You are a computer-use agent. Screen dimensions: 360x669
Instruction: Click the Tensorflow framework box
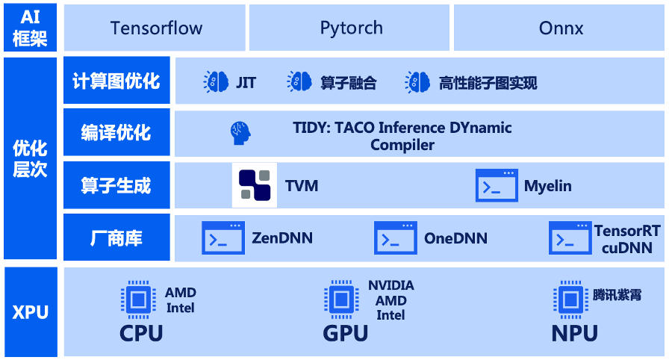click(156, 28)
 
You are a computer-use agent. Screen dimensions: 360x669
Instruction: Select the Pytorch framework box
click(351, 28)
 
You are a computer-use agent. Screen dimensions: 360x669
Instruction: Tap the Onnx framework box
click(561, 28)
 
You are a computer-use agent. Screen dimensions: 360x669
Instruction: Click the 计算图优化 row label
click(116, 81)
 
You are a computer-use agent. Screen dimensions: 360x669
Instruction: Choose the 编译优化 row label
click(116, 133)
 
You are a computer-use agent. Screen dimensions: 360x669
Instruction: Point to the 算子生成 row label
click(116, 185)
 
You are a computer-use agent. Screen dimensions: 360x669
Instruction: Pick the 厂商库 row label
click(116, 238)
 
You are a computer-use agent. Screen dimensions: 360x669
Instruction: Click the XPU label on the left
click(30, 311)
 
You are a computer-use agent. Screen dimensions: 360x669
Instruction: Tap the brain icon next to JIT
click(217, 82)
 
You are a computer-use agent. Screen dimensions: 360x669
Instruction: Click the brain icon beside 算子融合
click(299, 82)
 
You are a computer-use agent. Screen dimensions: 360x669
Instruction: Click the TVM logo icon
click(255, 185)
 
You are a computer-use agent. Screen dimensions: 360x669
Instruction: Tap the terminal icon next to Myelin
click(497, 185)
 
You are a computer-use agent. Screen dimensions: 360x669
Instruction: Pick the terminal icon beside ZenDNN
click(223, 238)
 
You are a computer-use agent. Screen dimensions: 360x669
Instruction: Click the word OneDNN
click(455, 239)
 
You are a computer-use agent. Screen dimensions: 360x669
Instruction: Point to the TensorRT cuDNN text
click(627, 239)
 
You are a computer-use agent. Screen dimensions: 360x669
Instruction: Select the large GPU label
click(346, 333)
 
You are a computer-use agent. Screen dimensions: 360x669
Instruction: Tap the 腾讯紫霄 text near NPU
click(617, 295)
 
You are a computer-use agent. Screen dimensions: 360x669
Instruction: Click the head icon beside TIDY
click(240, 133)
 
